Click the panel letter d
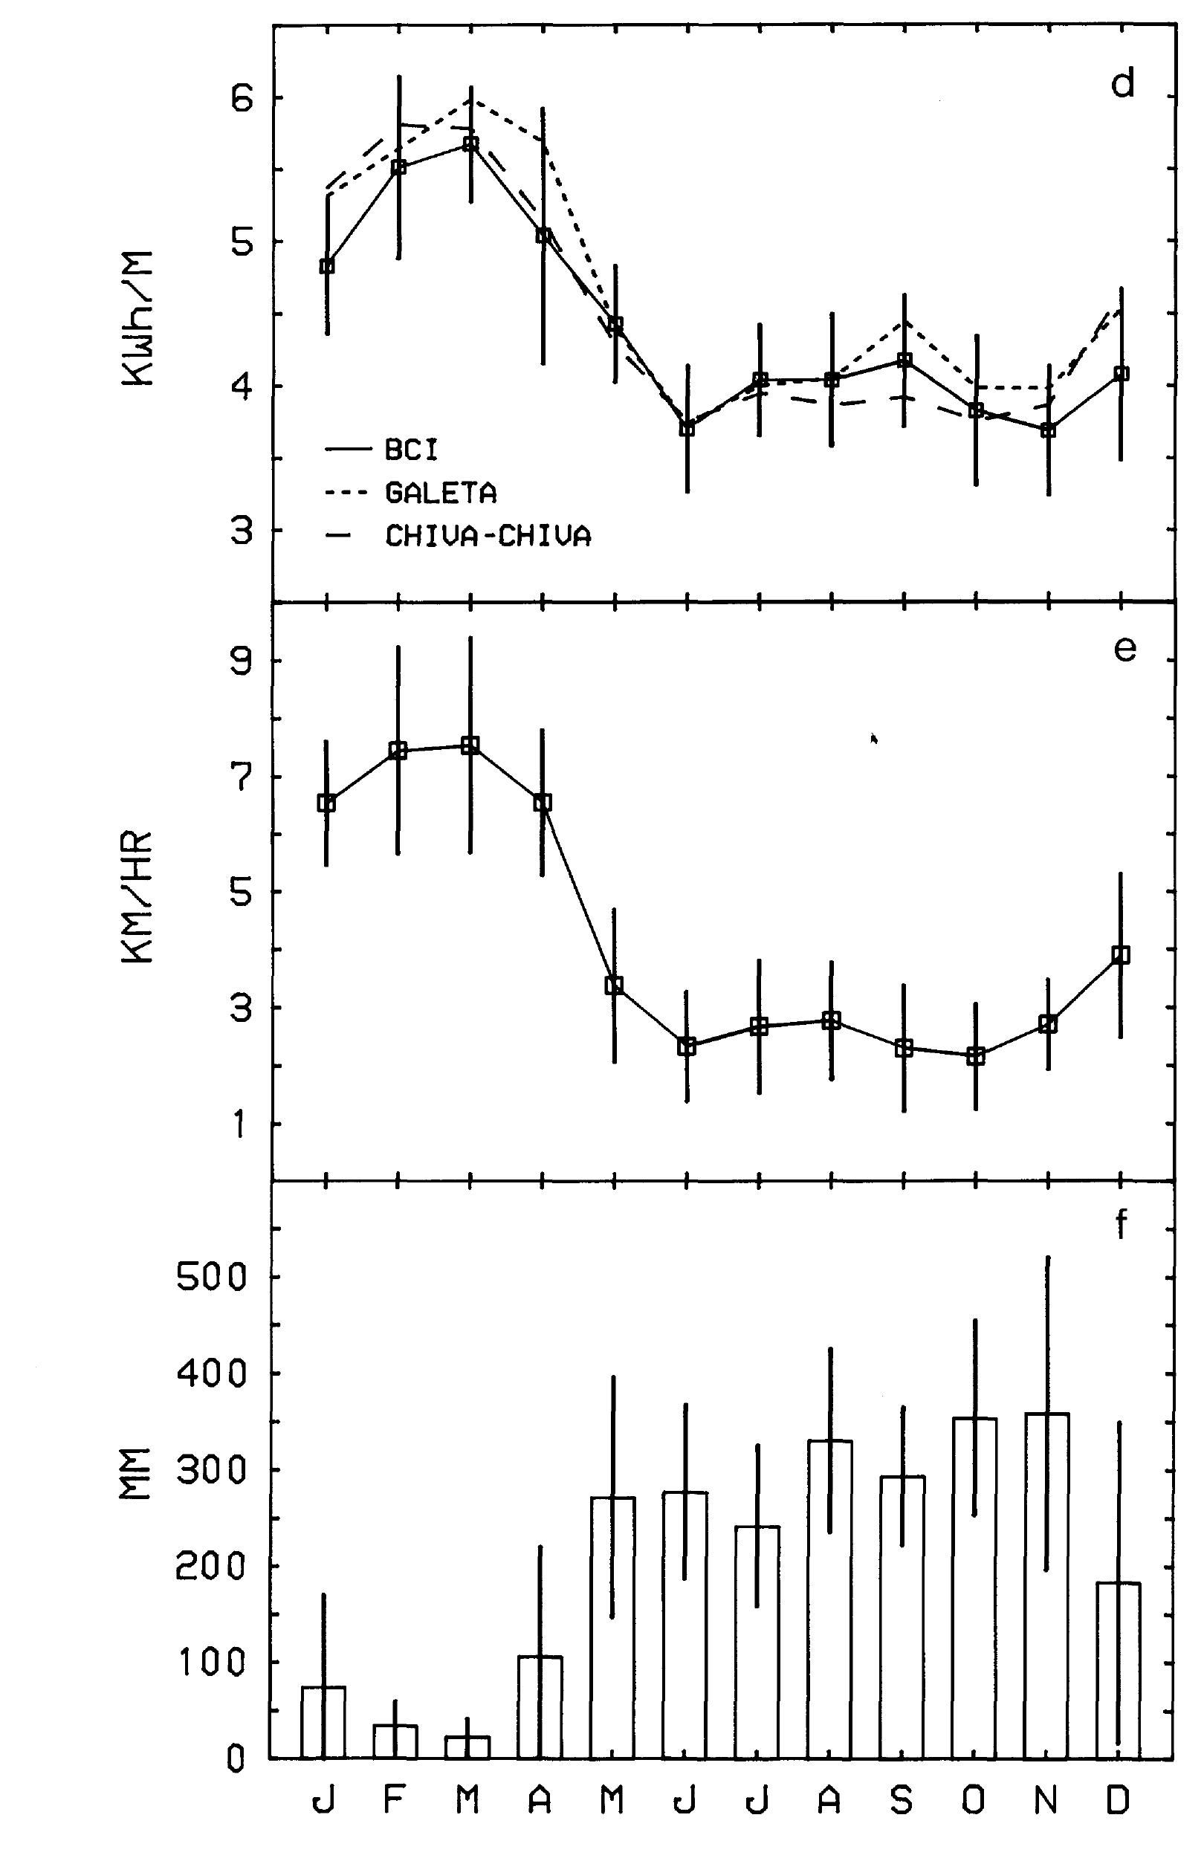pos(1123,85)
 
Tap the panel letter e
pos(1124,649)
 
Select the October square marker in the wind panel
pos(975,1056)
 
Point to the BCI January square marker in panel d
pos(327,266)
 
